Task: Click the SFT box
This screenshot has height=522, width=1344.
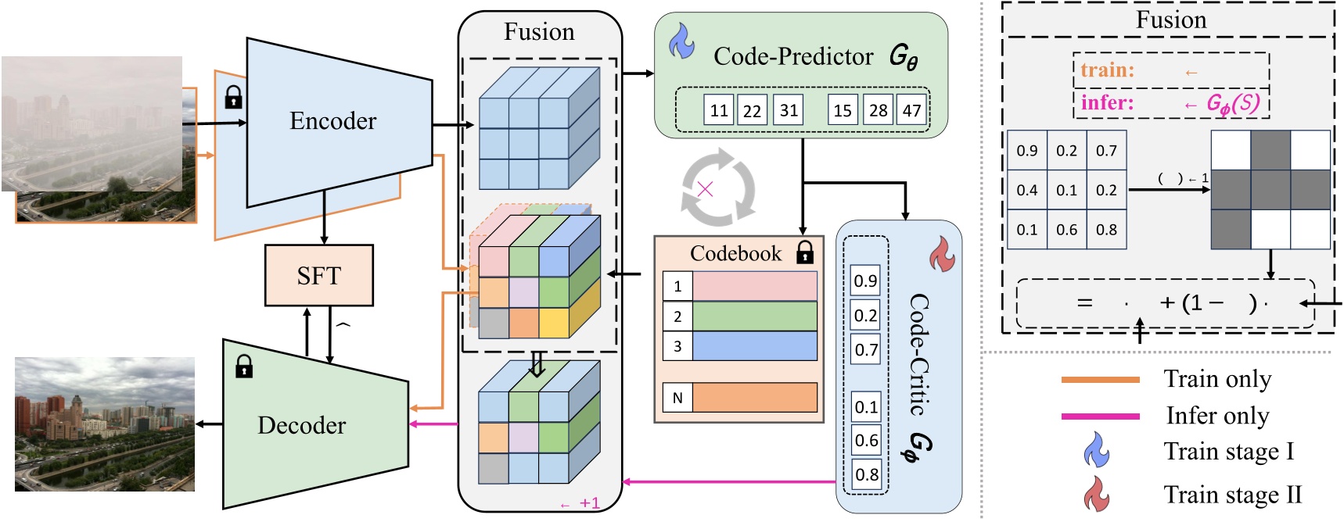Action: pyautogui.click(x=318, y=275)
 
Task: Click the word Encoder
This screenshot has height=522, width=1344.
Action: pyautogui.click(x=332, y=121)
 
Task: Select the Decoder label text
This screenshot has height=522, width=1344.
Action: pyautogui.click(x=301, y=425)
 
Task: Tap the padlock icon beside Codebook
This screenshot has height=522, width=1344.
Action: pyautogui.click(x=804, y=252)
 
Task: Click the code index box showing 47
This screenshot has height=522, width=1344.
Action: pyautogui.click(x=911, y=110)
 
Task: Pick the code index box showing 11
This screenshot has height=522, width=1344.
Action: pyautogui.click(x=719, y=110)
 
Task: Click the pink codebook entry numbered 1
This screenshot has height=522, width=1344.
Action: pyautogui.click(x=754, y=286)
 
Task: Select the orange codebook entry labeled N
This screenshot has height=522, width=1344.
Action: pyautogui.click(x=754, y=398)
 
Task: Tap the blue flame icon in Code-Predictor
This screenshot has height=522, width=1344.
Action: pyautogui.click(x=681, y=41)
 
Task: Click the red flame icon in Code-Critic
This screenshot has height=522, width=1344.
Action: pyautogui.click(x=941, y=254)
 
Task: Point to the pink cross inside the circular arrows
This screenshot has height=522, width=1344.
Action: pyautogui.click(x=705, y=188)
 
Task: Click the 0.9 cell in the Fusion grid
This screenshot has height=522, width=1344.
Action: pyautogui.click(x=1026, y=151)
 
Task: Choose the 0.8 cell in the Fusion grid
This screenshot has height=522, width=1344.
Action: pyautogui.click(x=1106, y=230)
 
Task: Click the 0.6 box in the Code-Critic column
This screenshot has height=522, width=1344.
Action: pyautogui.click(x=866, y=440)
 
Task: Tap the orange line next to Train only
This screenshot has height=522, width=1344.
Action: pyautogui.click(x=1099, y=380)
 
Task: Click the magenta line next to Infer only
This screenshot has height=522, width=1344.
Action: pyautogui.click(x=1099, y=417)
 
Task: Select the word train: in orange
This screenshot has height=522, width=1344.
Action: pyautogui.click(x=1107, y=70)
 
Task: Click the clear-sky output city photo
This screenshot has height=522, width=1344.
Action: pyautogui.click(x=105, y=424)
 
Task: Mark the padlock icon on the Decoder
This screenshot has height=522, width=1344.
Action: pyautogui.click(x=244, y=366)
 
